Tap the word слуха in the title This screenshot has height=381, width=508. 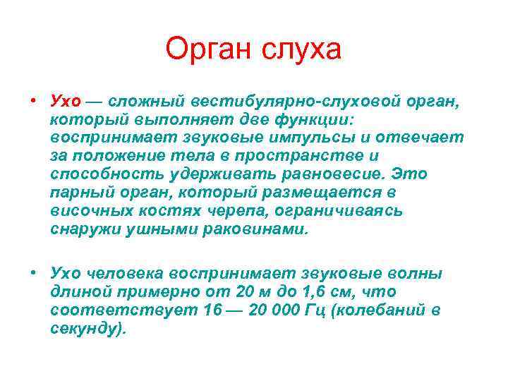click(x=302, y=50)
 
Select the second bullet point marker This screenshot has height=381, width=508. click(x=33, y=272)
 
